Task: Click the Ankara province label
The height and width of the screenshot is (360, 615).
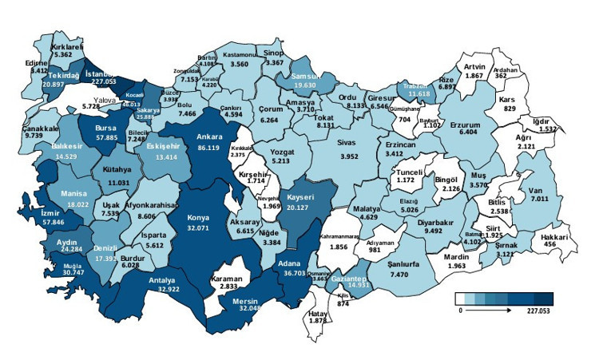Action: [x=208, y=137]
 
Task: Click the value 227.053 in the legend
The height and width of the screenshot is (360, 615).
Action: [x=535, y=311]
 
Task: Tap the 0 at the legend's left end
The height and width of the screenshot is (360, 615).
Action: [x=460, y=311]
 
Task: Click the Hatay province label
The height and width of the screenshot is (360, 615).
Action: [x=318, y=312]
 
